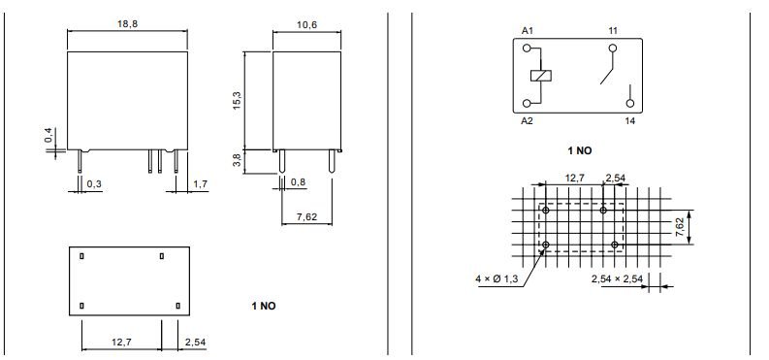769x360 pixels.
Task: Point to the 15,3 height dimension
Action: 236,100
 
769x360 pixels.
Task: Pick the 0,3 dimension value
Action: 95,182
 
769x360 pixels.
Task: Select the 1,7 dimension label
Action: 201,182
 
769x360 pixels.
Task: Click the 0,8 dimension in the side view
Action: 298,182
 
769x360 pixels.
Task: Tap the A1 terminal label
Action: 528,31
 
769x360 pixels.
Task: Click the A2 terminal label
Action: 528,120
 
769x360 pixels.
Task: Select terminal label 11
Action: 613,31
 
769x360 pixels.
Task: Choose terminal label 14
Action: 629,120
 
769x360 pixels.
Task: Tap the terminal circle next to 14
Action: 629,101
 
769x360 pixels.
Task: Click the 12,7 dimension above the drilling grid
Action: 574,179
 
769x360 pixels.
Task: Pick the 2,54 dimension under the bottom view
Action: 194,342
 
